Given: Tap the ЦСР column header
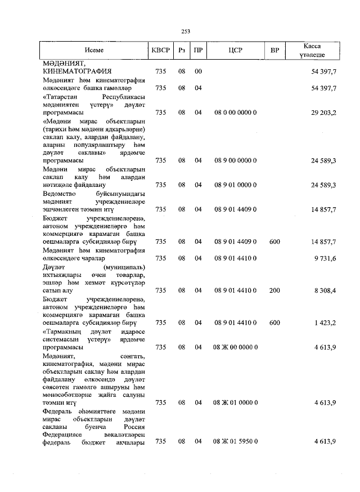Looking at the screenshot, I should [x=235, y=51].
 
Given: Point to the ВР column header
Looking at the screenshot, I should [x=274, y=51].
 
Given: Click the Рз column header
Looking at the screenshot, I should [x=182, y=51].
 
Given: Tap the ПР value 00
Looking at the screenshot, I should [x=198, y=72].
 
